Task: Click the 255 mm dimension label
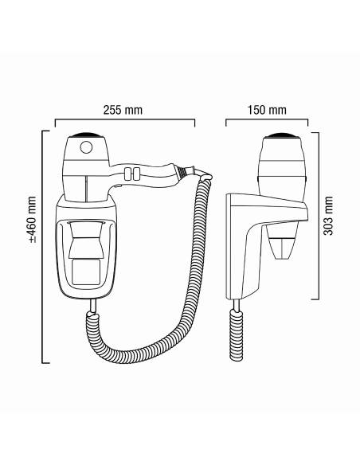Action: pos(123,110)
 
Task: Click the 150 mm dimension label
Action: pos(267,110)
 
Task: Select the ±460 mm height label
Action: pos(32,220)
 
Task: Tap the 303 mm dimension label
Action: pos(328,216)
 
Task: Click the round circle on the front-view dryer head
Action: pos(86,147)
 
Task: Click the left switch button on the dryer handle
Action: pos(128,174)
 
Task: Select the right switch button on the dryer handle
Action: pos(136,174)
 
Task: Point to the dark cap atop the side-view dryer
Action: pos(281,136)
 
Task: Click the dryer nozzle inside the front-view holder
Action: pos(86,239)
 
